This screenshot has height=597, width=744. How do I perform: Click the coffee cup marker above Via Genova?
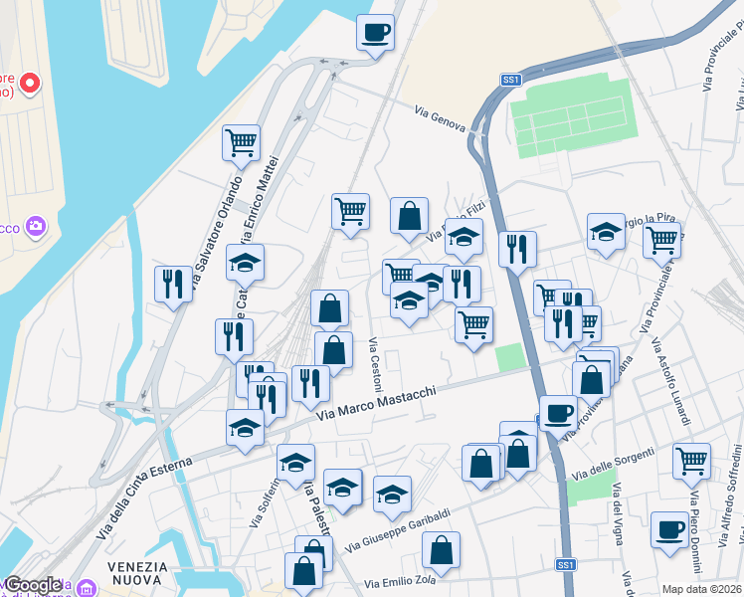[x=376, y=32]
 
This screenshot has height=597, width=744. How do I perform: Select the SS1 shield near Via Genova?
[x=511, y=80]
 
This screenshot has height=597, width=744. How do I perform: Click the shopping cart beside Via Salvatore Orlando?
[x=242, y=143]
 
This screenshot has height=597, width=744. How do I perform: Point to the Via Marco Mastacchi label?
[x=377, y=402]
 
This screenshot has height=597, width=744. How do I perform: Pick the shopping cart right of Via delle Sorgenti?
[x=691, y=460]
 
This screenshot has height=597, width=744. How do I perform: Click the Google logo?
[x=33, y=585]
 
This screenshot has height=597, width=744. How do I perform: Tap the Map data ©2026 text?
[x=701, y=589]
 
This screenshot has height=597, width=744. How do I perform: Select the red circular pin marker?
[x=29, y=83]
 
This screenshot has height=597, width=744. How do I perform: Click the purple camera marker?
[x=36, y=228]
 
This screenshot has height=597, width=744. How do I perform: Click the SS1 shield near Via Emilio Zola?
[x=565, y=565]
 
